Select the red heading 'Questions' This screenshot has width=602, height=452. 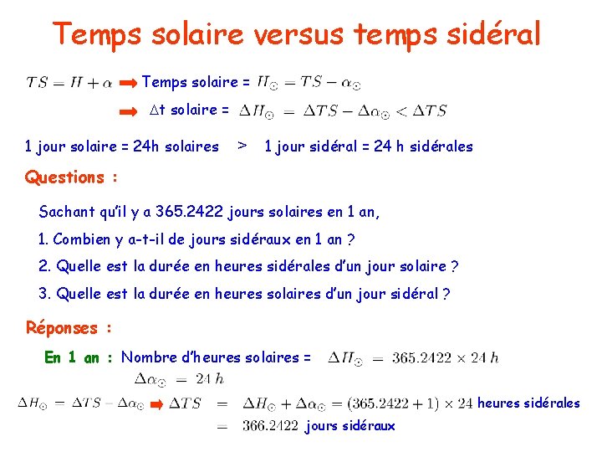pyautogui.click(x=65, y=177)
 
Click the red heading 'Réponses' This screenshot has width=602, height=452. pyautogui.click(x=62, y=328)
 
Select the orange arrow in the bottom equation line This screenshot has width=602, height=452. pyautogui.click(x=156, y=403)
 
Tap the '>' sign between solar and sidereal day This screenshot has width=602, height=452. pyautogui.click(x=242, y=146)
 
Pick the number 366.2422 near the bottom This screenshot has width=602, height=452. pyautogui.click(x=270, y=426)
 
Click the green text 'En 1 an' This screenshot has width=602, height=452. pyautogui.click(x=72, y=357)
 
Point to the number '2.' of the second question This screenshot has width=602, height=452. pyautogui.click(x=45, y=266)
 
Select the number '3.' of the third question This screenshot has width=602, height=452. pyautogui.click(x=45, y=294)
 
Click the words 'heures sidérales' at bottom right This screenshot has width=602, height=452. pyautogui.click(x=528, y=403)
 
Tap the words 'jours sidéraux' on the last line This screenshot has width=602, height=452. pyautogui.click(x=351, y=426)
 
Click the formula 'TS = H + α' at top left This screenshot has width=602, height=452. pyautogui.click(x=70, y=83)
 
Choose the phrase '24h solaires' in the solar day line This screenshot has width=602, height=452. pyautogui.click(x=177, y=146)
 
